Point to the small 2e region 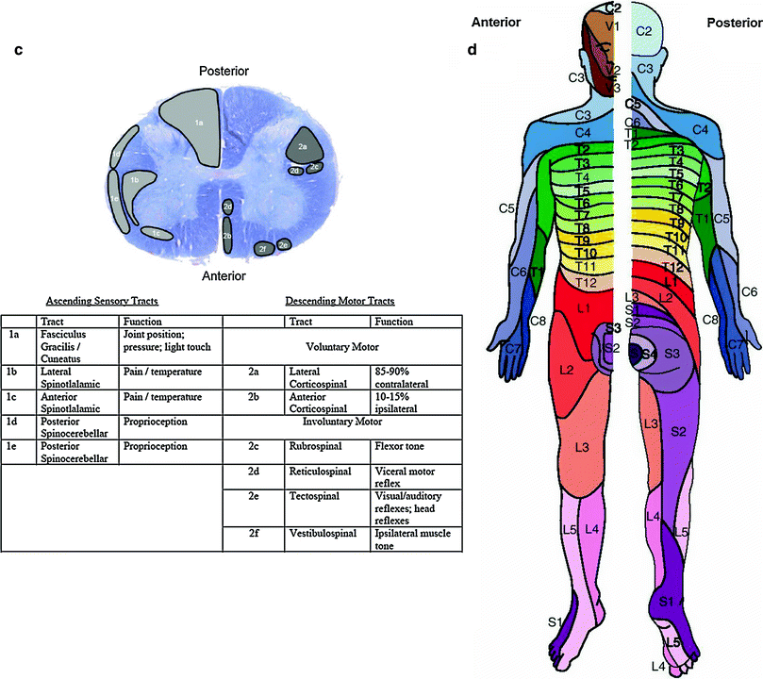pyautogui.click(x=284, y=244)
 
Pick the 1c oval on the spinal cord pyautogui.click(x=155, y=232)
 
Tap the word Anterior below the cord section pyautogui.click(x=223, y=276)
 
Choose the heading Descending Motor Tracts pyautogui.click(x=341, y=301)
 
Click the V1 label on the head pyautogui.click(x=613, y=26)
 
